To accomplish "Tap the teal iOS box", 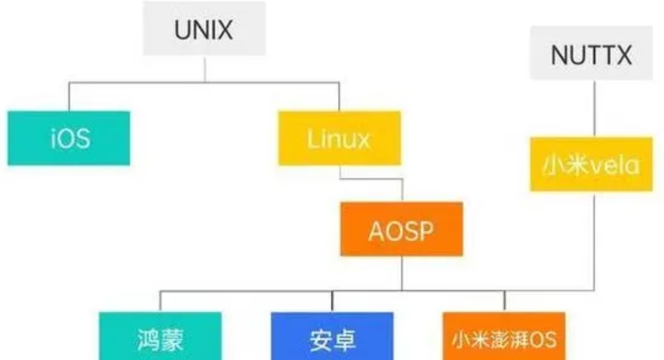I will (x=69, y=137).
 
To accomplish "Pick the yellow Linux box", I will (x=339, y=138).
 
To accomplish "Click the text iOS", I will (x=69, y=138).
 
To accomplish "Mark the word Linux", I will (x=339, y=138).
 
